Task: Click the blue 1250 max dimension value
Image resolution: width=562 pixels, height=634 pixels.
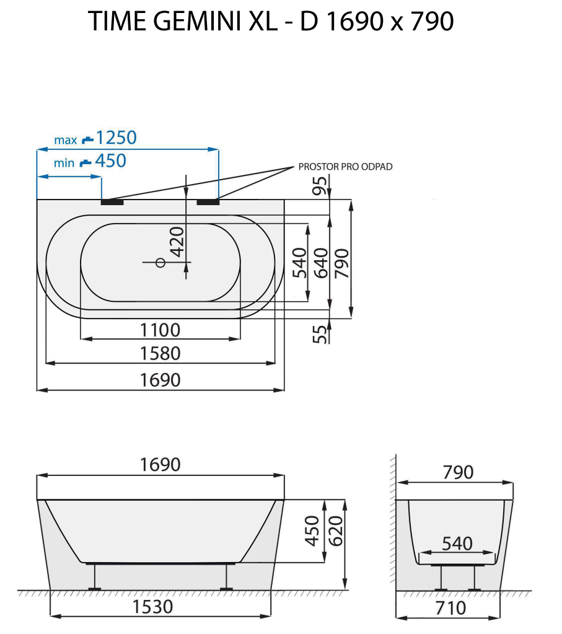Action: (116, 138)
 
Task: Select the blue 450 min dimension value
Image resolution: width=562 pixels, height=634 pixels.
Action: (110, 161)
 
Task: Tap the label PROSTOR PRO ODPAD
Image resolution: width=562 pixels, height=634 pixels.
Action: (345, 167)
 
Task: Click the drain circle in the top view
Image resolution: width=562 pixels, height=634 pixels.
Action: (160, 263)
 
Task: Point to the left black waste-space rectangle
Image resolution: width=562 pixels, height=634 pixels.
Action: (112, 201)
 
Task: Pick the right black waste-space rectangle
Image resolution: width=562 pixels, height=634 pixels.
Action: (208, 201)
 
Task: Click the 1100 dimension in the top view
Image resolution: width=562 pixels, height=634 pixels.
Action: (159, 330)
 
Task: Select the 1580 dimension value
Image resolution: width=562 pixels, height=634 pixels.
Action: (159, 353)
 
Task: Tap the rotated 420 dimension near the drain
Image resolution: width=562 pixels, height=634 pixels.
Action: (177, 242)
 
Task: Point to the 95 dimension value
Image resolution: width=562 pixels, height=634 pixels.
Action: (320, 185)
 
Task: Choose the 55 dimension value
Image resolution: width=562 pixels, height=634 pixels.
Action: (320, 335)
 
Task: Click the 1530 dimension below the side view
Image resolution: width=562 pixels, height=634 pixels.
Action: (153, 607)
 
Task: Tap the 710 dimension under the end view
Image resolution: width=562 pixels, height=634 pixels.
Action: (450, 608)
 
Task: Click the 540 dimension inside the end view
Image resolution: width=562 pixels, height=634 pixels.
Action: (457, 544)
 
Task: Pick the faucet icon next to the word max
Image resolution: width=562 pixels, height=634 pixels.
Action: (87, 139)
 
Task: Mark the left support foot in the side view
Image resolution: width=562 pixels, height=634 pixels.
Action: (94, 578)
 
